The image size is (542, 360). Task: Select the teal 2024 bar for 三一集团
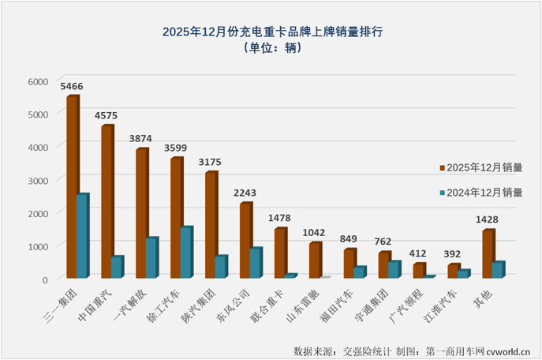[82, 235]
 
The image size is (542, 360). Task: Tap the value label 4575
[108, 115]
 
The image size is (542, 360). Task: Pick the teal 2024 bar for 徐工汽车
[186, 252]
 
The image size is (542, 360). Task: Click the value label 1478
[281, 218]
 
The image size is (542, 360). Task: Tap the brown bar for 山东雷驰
[316, 260]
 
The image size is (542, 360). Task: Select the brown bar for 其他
[488, 253]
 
